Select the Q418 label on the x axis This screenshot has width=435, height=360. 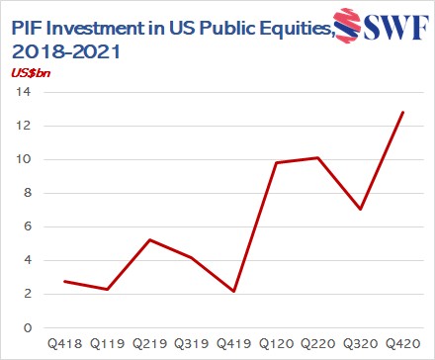pyautogui.click(x=64, y=344)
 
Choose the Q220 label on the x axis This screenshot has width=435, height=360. pyautogui.click(x=315, y=344)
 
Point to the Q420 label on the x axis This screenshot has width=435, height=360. pyautogui.click(x=399, y=344)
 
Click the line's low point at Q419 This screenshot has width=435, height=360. pyautogui.click(x=232, y=291)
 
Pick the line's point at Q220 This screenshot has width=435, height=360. pyautogui.click(x=316, y=157)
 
